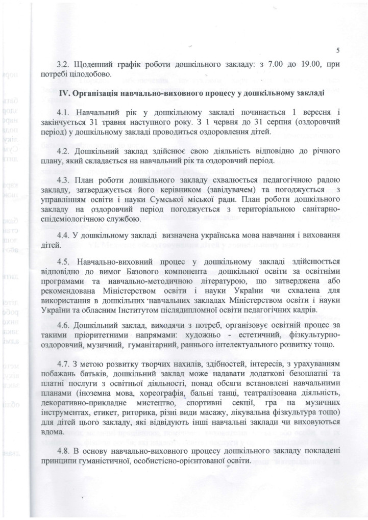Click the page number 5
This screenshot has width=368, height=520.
pos(338,49)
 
